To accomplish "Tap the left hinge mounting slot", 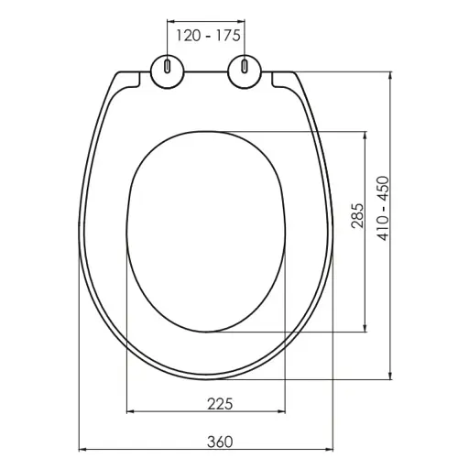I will click(168, 67).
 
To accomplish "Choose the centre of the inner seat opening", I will click(204, 231).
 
